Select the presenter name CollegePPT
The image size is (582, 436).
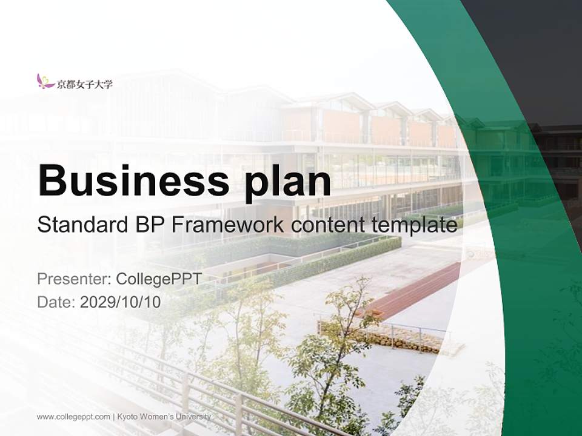click(158, 279)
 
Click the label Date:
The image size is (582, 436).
click(56, 302)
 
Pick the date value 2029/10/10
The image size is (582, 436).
click(121, 302)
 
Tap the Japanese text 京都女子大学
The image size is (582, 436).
click(85, 84)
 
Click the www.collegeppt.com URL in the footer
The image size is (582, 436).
click(73, 417)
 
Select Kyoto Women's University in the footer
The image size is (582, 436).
click(164, 417)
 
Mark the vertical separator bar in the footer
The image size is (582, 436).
click(114, 417)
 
